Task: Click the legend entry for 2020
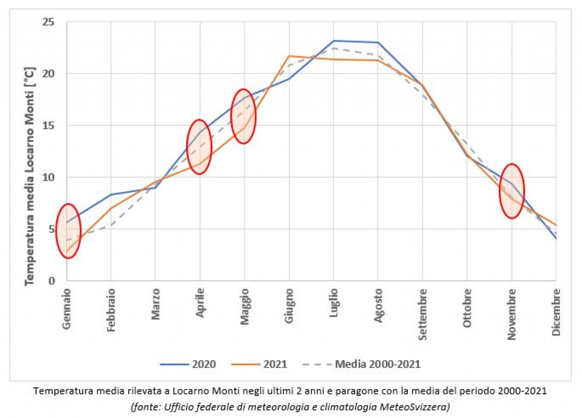point(188,363)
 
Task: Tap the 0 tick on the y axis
point(51,281)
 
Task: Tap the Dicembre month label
point(556,311)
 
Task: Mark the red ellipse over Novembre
point(512,191)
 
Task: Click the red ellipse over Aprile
point(199,147)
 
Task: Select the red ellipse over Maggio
point(244,116)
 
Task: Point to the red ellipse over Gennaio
point(68,231)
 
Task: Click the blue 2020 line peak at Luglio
point(334,41)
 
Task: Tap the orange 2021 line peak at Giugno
point(289,56)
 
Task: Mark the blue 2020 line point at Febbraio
point(111,194)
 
